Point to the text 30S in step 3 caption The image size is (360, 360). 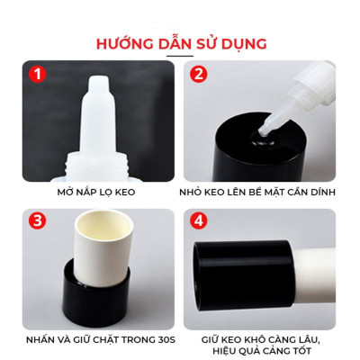click(158, 340)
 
